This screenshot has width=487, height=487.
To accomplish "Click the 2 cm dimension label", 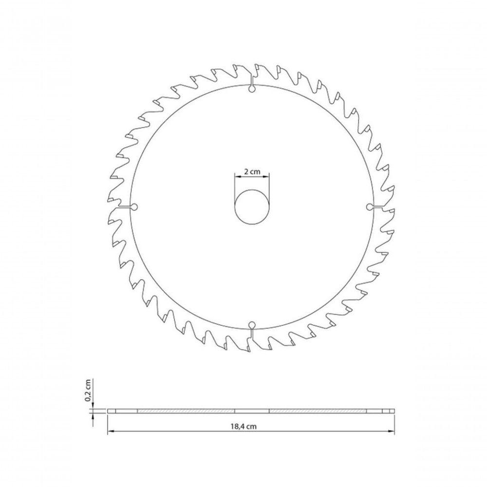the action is tap(252, 171).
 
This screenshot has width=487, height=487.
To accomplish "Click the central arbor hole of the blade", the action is tap(252, 207).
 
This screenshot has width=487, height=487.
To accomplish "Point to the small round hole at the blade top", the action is tap(252, 89).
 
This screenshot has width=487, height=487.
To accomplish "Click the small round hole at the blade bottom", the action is tap(252, 325).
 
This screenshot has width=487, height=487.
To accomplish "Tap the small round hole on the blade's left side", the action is tap(134, 207).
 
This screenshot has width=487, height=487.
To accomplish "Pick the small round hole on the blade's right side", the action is tap(370, 207).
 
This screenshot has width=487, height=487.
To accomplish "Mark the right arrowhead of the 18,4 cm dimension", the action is tap(391, 431).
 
